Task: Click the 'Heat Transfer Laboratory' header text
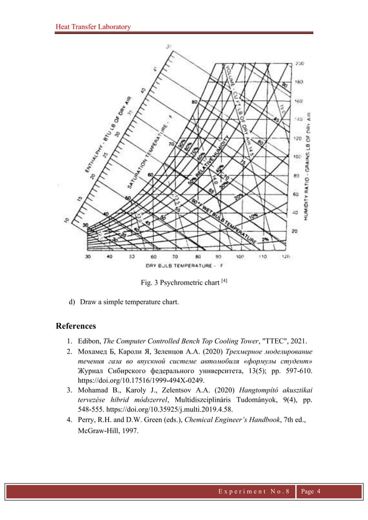[x=93, y=27]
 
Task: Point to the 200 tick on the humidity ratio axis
[x=300, y=63]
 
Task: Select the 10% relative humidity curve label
[x=252, y=215]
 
